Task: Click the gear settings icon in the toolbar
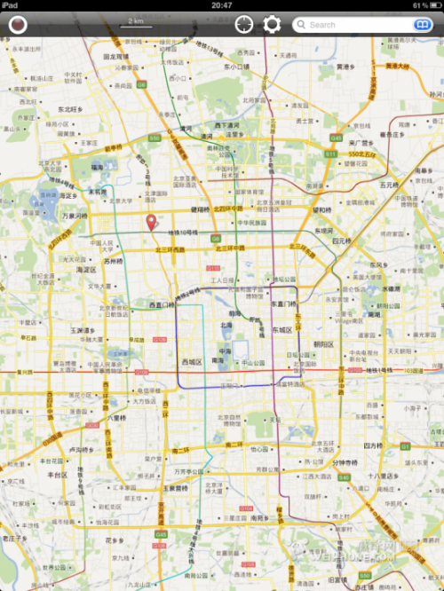click(272, 24)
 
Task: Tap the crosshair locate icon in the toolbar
click(243, 24)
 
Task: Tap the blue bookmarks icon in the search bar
click(423, 25)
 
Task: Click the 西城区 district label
click(192, 362)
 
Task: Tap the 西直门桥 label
click(162, 305)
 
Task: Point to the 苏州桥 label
click(113, 262)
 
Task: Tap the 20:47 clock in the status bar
click(222, 5)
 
